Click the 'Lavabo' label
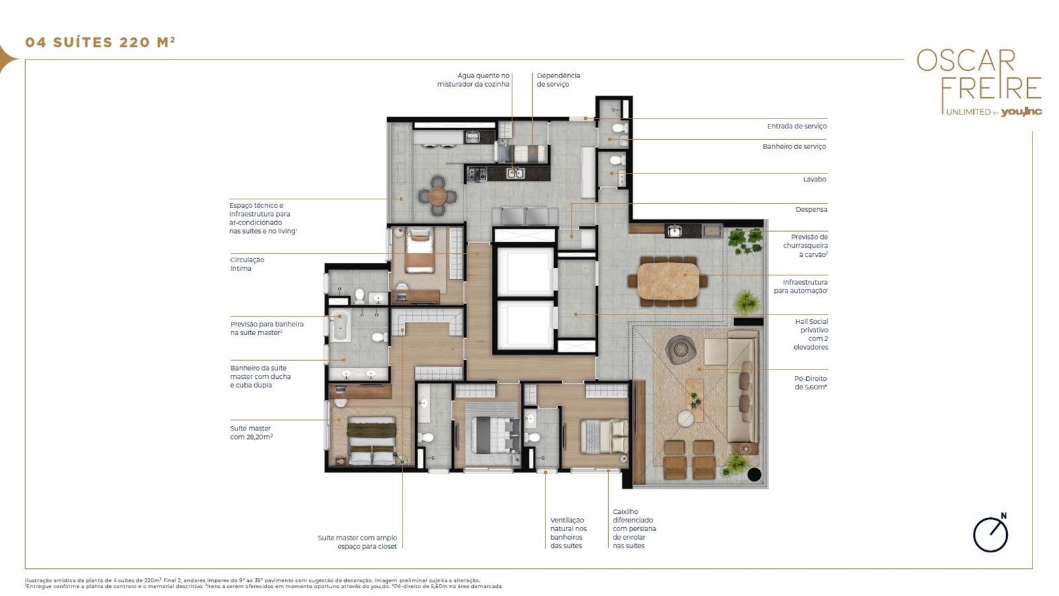815,179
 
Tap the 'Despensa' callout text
811,209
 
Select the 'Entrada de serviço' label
797,126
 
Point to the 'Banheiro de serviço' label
794,146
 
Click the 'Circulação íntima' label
248,264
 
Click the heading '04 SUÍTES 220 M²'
100,42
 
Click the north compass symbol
990,533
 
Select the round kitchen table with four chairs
437,196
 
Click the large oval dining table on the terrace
668,281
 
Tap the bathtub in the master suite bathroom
340,325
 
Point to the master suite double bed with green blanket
371,440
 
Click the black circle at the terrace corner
754,474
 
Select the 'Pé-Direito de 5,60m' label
811,383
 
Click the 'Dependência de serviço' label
559,80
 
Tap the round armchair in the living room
680,350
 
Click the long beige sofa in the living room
743,386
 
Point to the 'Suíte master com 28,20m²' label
252,433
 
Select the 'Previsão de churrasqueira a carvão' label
805,246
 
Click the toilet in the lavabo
617,160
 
